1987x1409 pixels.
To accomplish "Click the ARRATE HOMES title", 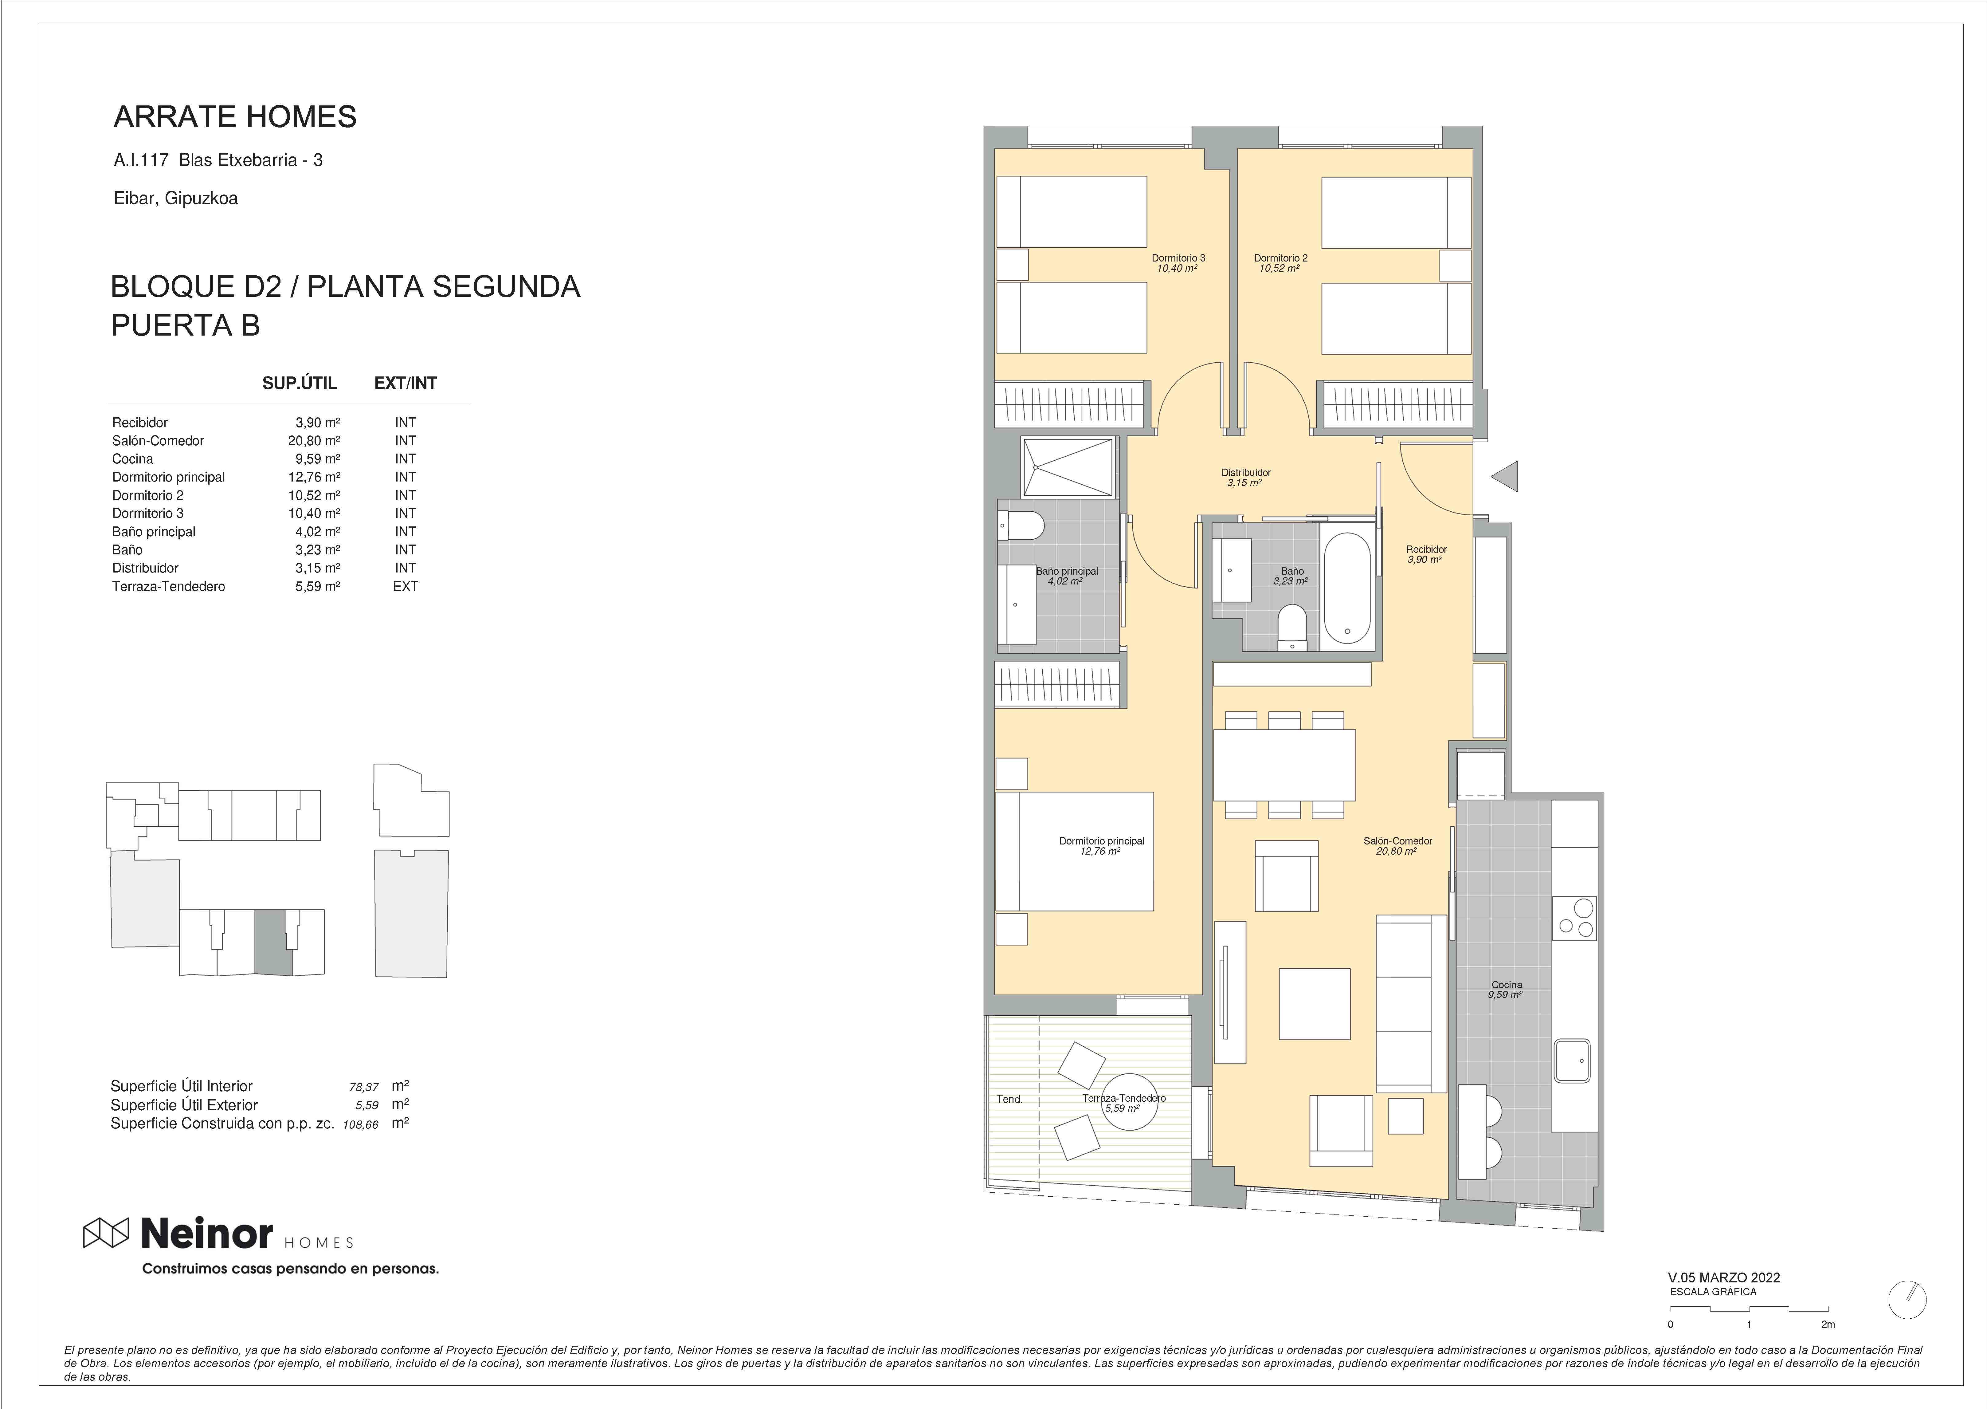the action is click(x=235, y=116).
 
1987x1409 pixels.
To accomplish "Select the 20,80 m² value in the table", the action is click(x=314, y=441).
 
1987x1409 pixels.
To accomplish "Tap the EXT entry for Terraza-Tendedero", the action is click(x=405, y=587).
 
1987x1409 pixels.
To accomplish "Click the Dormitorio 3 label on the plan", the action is click(x=1178, y=258).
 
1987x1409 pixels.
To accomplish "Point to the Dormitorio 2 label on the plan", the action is click(x=1280, y=258).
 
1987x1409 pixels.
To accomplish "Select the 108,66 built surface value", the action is click(x=361, y=1124).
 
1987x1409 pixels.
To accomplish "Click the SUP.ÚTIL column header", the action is click(x=299, y=384).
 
